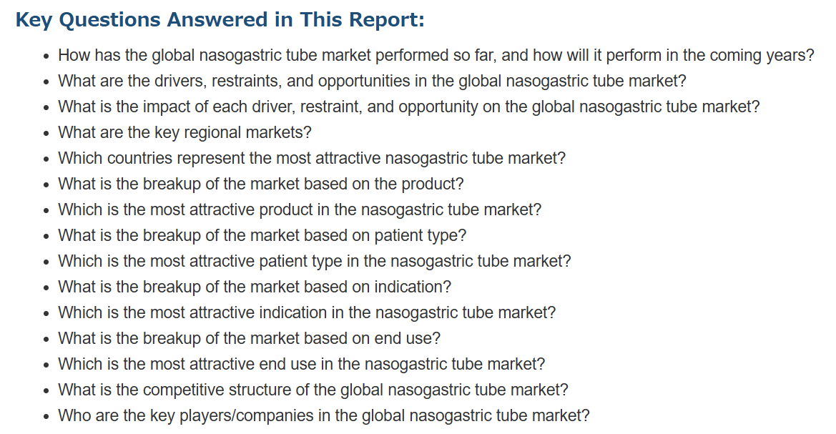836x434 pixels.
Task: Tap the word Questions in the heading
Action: pos(110,20)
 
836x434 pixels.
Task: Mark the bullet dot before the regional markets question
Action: pos(47,134)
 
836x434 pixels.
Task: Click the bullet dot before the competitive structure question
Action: pos(47,391)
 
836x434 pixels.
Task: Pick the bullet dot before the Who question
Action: pos(47,417)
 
